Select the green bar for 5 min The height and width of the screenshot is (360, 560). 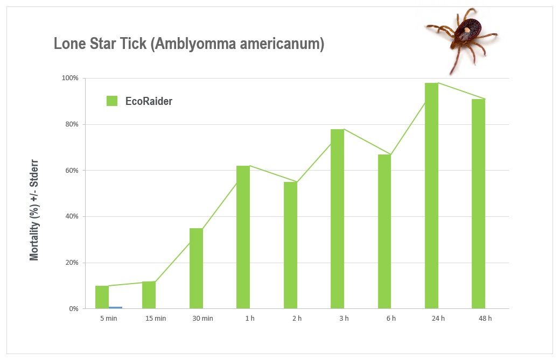click(x=102, y=297)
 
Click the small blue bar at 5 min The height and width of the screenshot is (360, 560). click(x=115, y=308)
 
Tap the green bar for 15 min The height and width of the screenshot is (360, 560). click(x=149, y=295)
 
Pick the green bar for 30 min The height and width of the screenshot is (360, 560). click(x=196, y=269)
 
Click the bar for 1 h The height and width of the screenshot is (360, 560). click(x=243, y=237)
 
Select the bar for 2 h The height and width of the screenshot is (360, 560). click(x=290, y=245)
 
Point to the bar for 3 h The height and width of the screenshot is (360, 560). click(x=337, y=218)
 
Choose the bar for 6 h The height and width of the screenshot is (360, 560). click(x=384, y=231)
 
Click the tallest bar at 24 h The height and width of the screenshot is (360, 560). click(x=431, y=195)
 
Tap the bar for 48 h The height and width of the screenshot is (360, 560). click(x=479, y=204)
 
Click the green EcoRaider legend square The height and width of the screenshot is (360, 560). click(x=112, y=101)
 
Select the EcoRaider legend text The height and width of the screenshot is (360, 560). click(x=149, y=101)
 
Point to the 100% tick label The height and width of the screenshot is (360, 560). click(x=70, y=78)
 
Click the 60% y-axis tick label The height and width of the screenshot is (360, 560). click(x=72, y=170)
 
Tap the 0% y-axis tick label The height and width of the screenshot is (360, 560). click(x=74, y=309)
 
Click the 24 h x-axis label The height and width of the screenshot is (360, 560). click(x=438, y=318)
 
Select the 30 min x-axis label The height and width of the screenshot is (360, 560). click(x=203, y=318)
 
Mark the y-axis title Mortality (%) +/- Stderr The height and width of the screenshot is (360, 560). click(x=34, y=210)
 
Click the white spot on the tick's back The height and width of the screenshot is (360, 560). click(x=467, y=30)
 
